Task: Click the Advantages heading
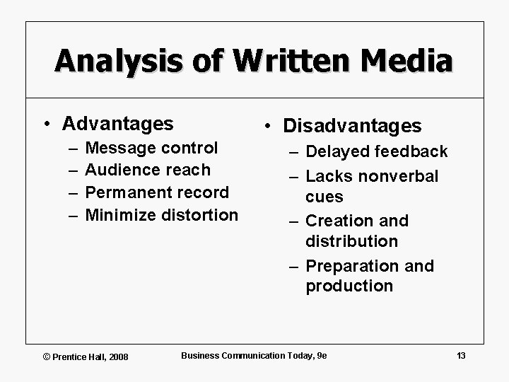[x=117, y=124]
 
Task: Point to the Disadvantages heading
[x=352, y=126]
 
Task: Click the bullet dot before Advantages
[x=46, y=125]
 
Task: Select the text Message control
[x=151, y=148]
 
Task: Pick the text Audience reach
[x=147, y=170]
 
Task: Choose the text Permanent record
[x=156, y=192]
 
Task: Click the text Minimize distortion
[x=161, y=214]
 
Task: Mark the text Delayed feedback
[x=377, y=151]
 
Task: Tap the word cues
[x=324, y=197]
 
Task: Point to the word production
[x=349, y=286]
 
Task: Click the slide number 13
[x=461, y=355]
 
